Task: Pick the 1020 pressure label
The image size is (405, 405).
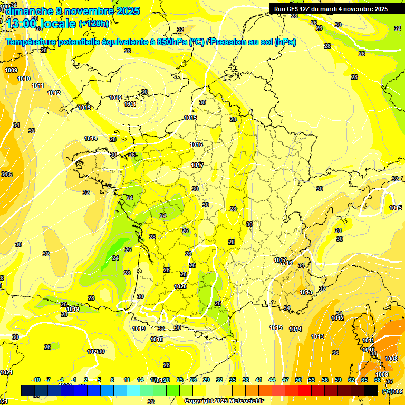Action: (x=180, y=286)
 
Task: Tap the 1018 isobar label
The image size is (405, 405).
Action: (x=157, y=339)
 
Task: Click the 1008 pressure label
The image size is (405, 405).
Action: (x=391, y=359)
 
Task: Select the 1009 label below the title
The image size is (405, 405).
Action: (x=11, y=70)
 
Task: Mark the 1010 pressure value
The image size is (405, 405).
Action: (x=24, y=79)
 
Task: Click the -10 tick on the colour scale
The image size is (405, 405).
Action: (x=36, y=380)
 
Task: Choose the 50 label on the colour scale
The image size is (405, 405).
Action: (x=298, y=380)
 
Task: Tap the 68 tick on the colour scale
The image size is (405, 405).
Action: (x=378, y=380)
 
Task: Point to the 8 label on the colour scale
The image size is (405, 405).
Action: (x=112, y=380)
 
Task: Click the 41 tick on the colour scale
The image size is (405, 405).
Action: (x=259, y=380)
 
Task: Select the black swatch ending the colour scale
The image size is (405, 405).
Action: (x=371, y=390)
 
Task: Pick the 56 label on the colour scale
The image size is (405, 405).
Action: (x=325, y=380)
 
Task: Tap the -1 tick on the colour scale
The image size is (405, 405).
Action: (x=74, y=380)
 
